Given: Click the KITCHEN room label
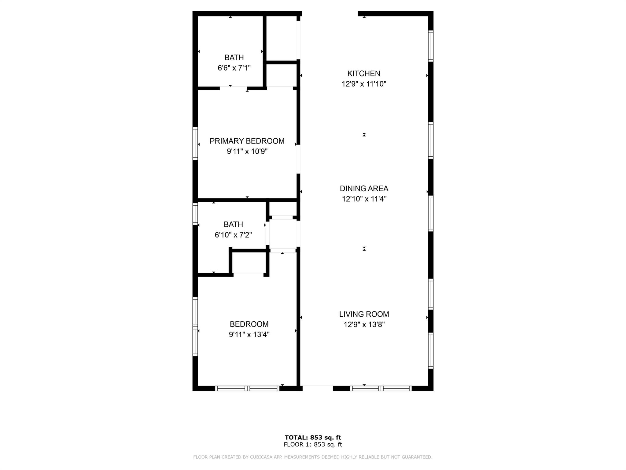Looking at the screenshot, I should [364, 73].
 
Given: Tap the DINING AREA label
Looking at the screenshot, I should [364, 188].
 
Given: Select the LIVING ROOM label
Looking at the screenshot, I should [364, 314].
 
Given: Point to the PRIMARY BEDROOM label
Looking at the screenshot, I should [247, 141].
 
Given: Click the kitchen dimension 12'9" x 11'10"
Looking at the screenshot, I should [364, 84].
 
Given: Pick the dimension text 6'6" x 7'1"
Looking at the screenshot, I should [234, 68].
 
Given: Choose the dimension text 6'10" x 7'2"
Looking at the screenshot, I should [233, 235].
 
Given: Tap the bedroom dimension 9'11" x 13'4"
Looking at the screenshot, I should [249, 334].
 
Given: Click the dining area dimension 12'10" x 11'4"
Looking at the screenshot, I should [364, 199].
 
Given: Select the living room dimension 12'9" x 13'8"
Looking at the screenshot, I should [364, 324].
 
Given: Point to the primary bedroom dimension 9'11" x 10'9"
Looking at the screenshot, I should [247, 151].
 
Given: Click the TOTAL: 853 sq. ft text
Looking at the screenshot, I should [313, 438].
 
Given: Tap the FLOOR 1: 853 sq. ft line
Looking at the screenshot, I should [313, 445].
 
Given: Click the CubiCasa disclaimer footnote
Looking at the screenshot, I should [313, 457].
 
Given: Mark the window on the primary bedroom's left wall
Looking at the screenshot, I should [195, 143].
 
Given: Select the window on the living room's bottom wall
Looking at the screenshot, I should [381, 388].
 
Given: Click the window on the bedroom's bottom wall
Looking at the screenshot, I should [247, 388].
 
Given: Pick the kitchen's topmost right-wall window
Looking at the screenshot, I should [431, 46].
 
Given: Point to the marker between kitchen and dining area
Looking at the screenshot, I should [364, 135].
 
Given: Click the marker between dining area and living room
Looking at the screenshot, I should [364, 249].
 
